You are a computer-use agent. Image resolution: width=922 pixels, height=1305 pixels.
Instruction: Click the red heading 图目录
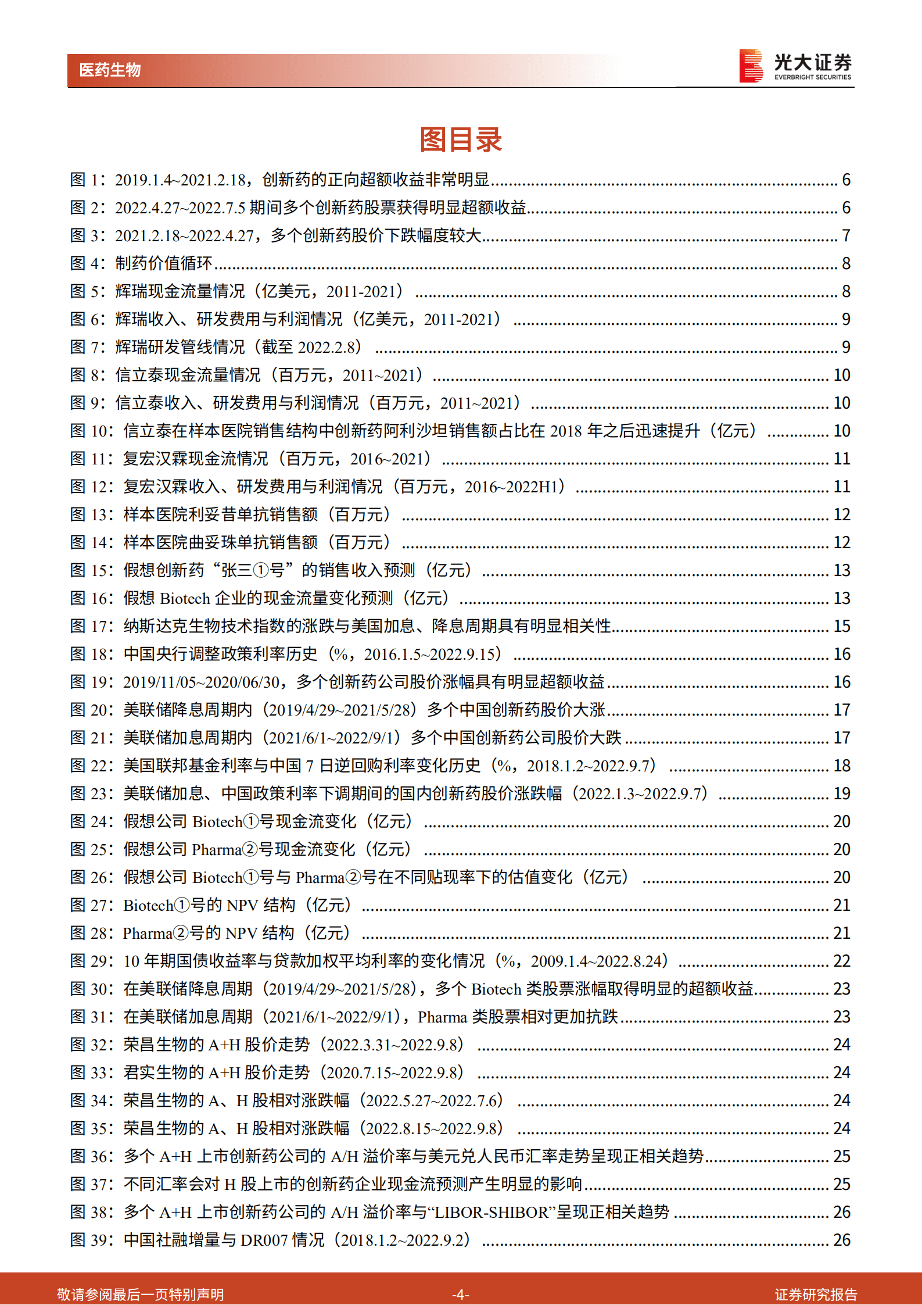[461, 140]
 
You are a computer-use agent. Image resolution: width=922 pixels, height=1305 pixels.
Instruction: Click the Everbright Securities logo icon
[751, 66]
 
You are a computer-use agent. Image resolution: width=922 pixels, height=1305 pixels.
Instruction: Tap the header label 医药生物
[110, 70]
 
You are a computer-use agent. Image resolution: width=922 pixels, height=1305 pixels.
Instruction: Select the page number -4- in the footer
[461, 1294]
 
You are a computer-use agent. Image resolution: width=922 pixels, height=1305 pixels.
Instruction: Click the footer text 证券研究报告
[816, 1294]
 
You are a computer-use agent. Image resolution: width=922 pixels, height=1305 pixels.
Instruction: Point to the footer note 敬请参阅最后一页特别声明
[141, 1294]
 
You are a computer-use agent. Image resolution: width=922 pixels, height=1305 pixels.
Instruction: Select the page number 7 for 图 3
[846, 236]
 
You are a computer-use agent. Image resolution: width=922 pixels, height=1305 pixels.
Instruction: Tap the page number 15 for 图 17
[842, 627]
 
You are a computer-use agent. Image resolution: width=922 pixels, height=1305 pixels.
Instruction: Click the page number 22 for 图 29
[842, 961]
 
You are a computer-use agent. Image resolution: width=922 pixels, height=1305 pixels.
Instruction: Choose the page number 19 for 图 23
[842, 794]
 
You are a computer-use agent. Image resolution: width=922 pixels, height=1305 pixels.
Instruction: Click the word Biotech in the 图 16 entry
[185, 599]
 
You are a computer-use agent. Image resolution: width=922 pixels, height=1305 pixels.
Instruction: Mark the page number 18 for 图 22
[842, 766]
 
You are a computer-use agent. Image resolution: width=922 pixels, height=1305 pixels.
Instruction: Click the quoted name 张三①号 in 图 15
[253, 571]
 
